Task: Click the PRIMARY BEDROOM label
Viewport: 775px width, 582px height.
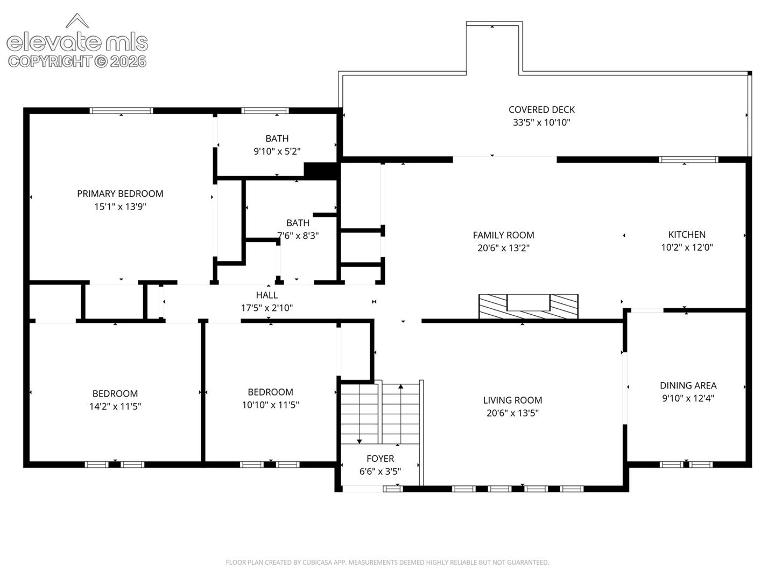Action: tap(120, 193)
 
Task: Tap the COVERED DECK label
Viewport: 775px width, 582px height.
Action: tap(541, 109)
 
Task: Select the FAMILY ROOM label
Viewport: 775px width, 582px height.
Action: tap(503, 235)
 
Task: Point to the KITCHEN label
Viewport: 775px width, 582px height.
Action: tap(687, 234)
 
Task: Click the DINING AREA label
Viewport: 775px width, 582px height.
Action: tap(688, 385)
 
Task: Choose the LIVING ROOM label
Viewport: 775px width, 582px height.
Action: tap(512, 400)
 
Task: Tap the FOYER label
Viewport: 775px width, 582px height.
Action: tap(380, 458)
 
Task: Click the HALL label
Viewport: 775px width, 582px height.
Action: tap(267, 295)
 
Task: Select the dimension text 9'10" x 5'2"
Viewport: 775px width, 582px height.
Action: tap(277, 151)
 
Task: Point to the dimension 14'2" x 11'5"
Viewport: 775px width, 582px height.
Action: tap(115, 406)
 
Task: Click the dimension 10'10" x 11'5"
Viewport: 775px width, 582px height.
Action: tap(271, 405)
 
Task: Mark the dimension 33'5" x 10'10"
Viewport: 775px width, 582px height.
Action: tap(541, 122)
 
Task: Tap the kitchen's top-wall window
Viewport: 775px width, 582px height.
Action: tap(688, 160)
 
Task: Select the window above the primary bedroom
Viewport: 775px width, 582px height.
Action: tap(121, 110)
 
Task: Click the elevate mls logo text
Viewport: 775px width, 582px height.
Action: tap(77, 41)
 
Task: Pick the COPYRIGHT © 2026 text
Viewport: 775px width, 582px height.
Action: tap(77, 61)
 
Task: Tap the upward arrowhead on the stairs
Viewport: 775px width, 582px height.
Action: tap(401, 386)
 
